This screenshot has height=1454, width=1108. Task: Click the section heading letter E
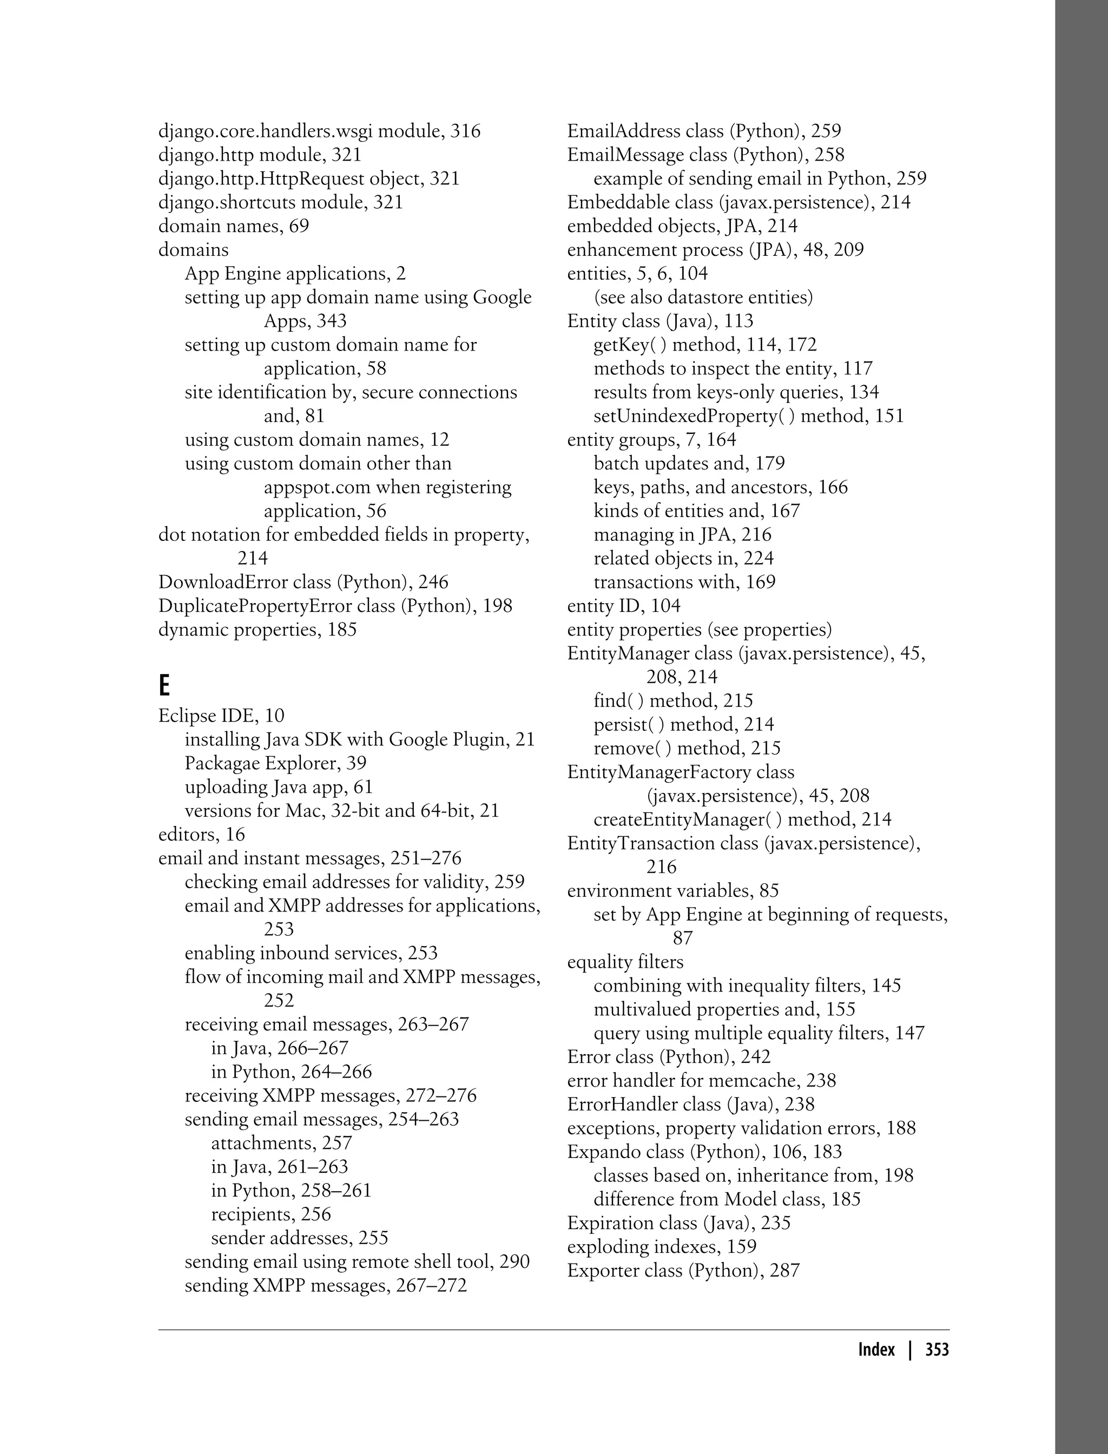tap(164, 686)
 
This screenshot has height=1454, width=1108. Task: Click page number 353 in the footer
tap(936, 1349)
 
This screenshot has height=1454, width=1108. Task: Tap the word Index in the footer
tap(876, 1349)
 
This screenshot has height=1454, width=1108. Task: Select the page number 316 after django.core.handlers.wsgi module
tap(466, 131)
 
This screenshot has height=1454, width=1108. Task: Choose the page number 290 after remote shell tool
tap(515, 1261)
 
